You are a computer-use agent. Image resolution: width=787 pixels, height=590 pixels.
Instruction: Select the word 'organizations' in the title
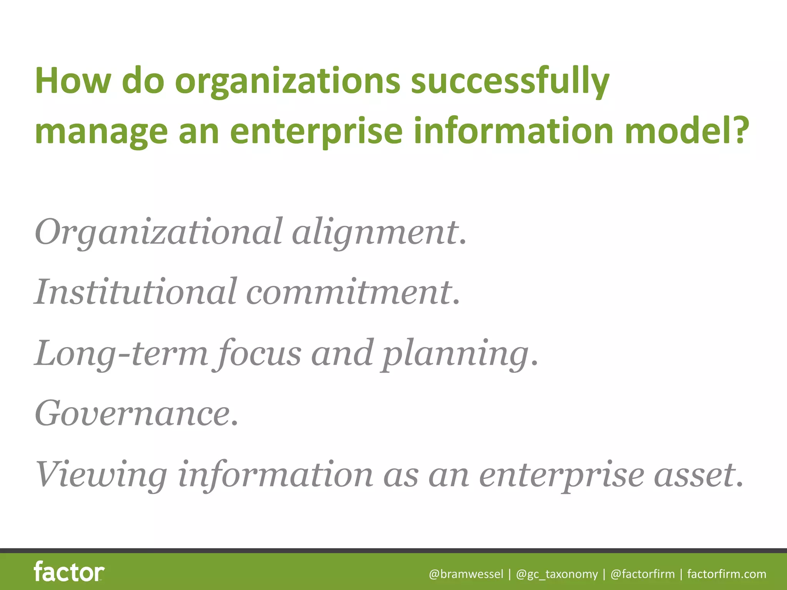click(x=288, y=81)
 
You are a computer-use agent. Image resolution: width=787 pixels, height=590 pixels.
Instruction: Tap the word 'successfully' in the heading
click(x=510, y=81)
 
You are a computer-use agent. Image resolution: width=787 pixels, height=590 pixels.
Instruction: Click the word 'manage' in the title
click(x=101, y=132)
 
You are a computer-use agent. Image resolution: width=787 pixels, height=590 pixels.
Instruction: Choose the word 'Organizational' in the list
click(x=158, y=232)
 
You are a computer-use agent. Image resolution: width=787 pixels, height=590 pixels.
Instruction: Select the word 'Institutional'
click(x=135, y=292)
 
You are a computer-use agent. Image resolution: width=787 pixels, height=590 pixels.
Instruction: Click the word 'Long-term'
click(x=121, y=353)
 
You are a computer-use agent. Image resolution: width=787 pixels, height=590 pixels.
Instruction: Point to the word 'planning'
click(x=455, y=353)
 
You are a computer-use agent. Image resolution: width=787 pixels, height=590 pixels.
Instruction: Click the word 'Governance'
click(x=133, y=414)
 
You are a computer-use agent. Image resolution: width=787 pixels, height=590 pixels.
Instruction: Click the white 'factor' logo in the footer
click(x=69, y=572)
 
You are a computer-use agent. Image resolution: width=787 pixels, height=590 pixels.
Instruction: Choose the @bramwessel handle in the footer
click(x=466, y=574)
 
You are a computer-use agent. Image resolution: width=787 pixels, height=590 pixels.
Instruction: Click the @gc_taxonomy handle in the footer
click(x=557, y=574)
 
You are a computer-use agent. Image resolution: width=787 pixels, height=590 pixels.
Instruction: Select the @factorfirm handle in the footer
click(x=643, y=574)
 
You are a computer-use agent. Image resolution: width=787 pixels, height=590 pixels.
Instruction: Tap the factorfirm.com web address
click(x=727, y=574)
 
